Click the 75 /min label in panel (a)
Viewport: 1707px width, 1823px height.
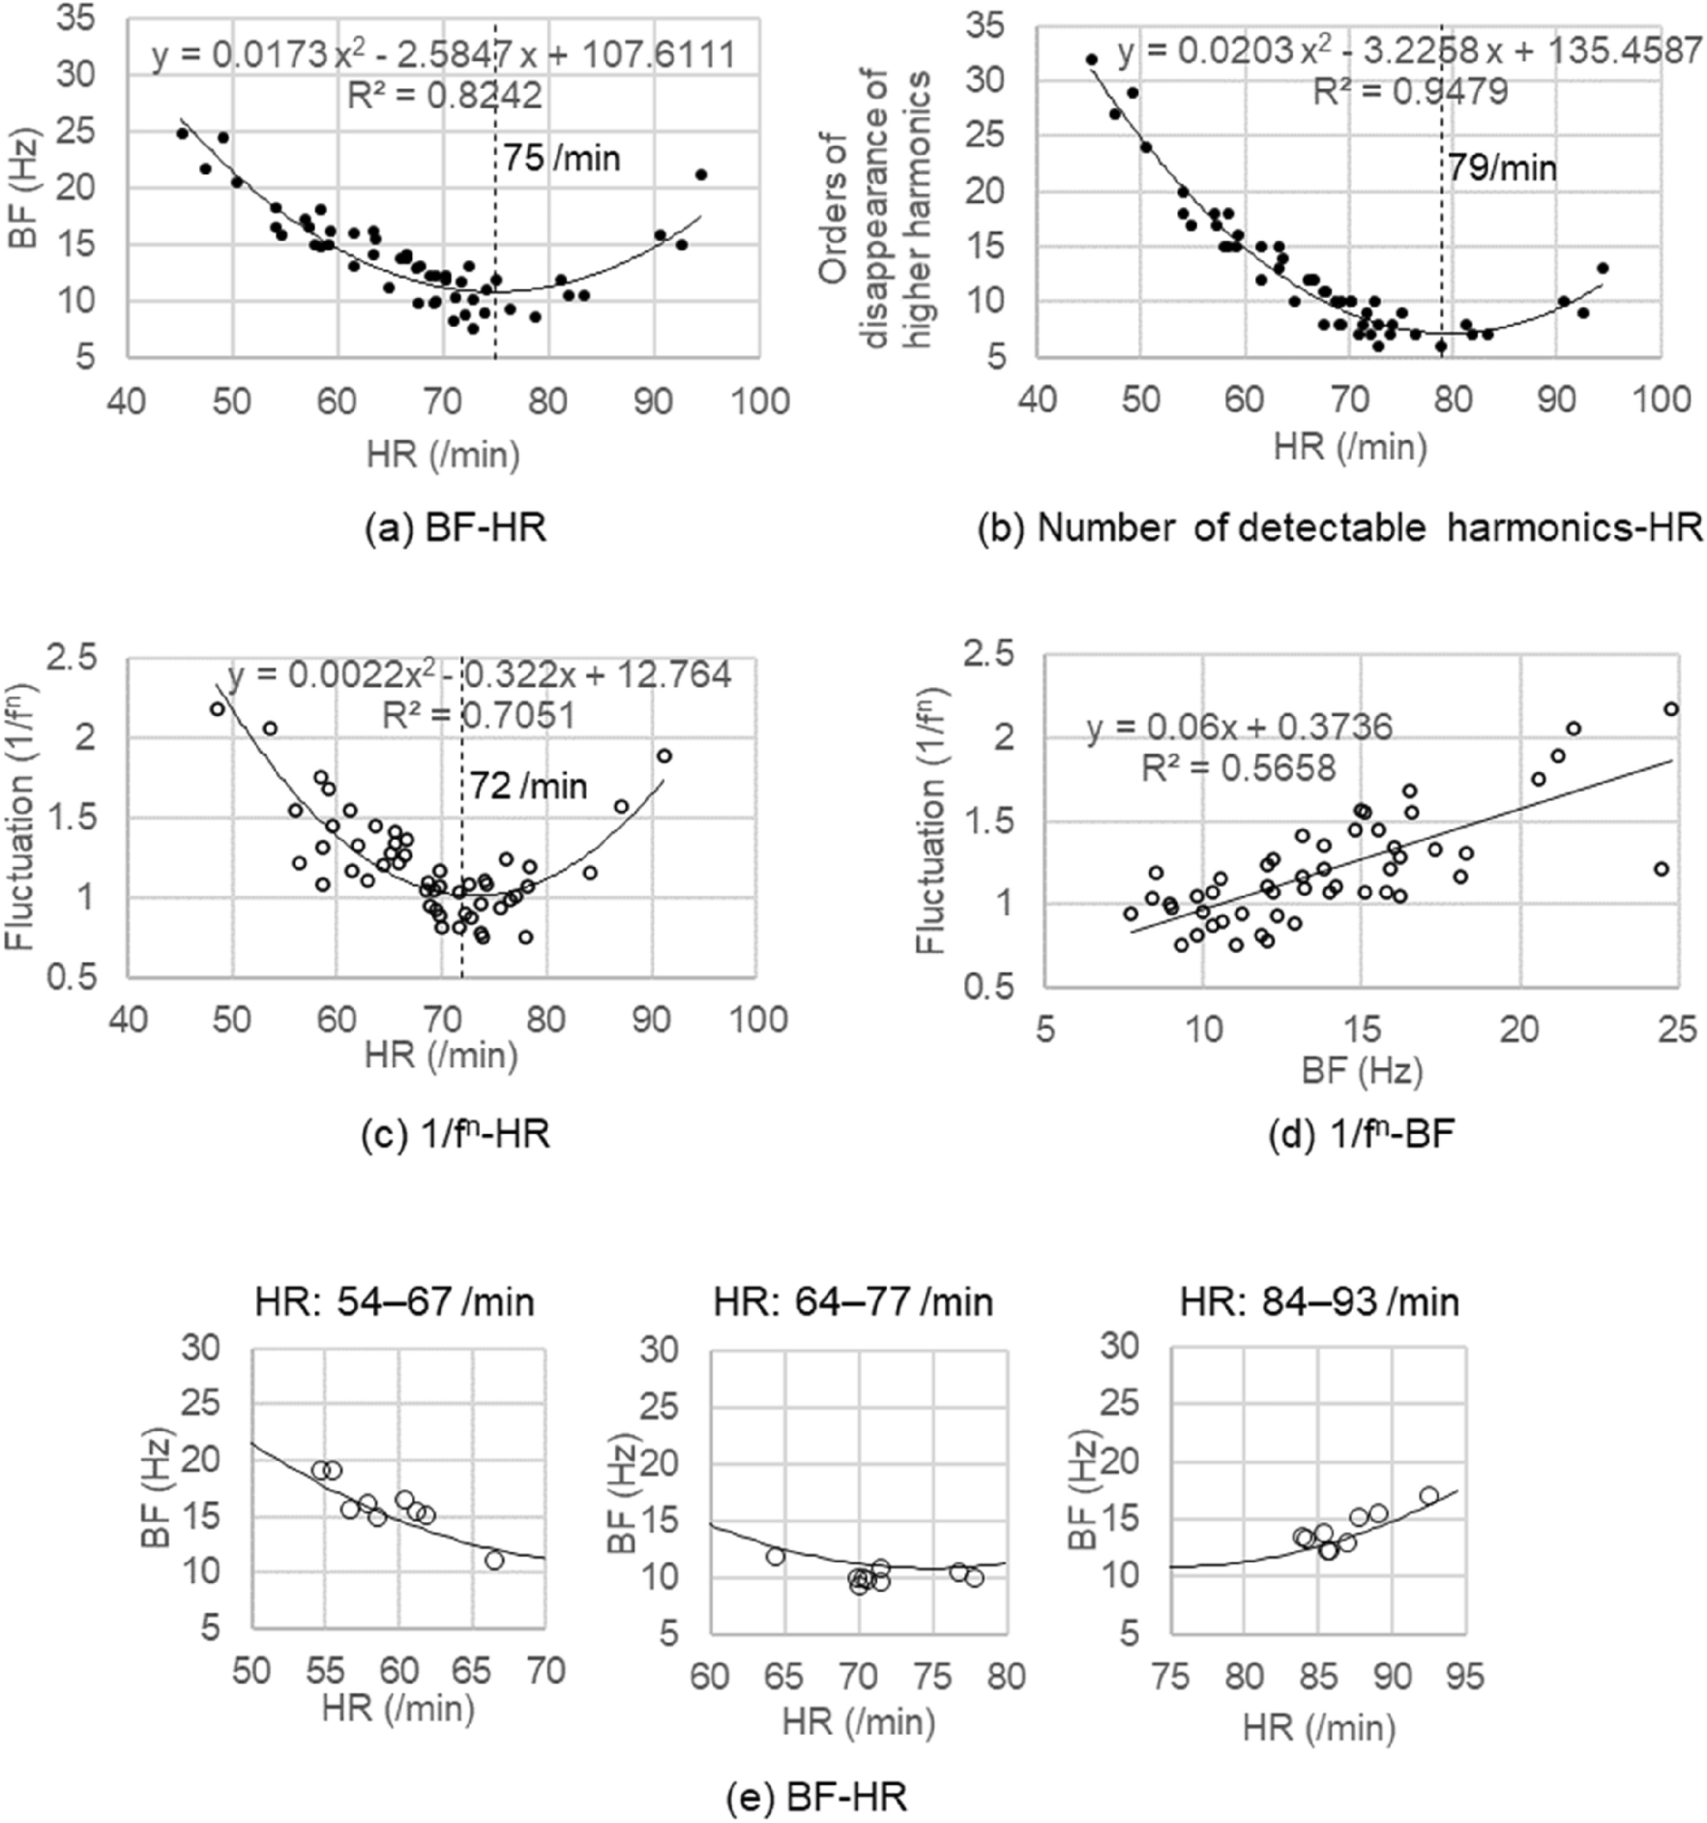pyautogui.click(x=562, y=159)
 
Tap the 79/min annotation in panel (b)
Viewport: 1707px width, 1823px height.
pyautogui.click(x=1502, y=169)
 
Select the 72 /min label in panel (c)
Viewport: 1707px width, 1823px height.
pyautogui.click(x=529, y=786)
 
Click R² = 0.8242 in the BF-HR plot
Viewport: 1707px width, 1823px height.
pyautogui.click(x=445, y=96)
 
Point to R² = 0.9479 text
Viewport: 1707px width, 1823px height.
pyautogui.click(x=1410, y=93)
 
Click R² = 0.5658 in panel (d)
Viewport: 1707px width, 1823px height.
pyautogui.click(x=1238, y=768)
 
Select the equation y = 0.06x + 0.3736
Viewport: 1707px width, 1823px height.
pyautogui.click(x=1239, y=727)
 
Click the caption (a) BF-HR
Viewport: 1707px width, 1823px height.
pyautogui.click(x=456, y=528)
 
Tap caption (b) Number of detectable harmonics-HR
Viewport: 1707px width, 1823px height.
pyautogui.click(x=1339, y=528)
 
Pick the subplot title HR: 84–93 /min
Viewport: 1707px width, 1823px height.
pyautogui.click(x=1318, y=1302)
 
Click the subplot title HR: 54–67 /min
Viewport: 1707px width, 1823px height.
pyautogui.click(x=395, y=1302)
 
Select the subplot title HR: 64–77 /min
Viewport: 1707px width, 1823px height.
pyautogui.click(x=853, y=1302)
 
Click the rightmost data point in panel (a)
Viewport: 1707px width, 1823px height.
pyautogui.click(x=701, y=175)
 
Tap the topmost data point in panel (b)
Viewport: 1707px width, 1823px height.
pyautogui.click(x=1092, y=60)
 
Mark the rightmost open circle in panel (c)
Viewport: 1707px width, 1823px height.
pyautogui.click(x=664, y=756)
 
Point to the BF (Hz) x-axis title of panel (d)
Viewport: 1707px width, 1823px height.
pyautogui.click(x=1362, y=1070)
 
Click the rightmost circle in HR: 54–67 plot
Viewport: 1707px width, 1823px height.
pyautogui.click(x=494, y=1561)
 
